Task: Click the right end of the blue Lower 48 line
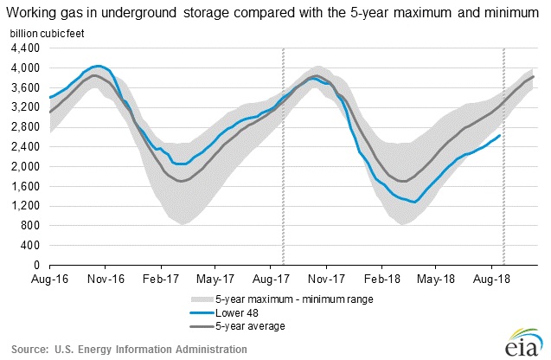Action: coord(499,135)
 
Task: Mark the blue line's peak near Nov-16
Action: coord(98,66)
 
